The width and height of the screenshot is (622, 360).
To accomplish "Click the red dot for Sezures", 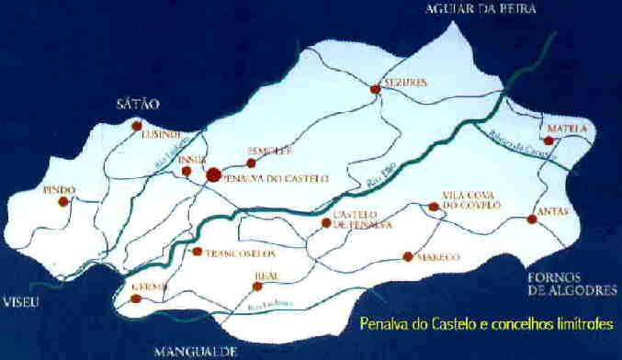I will pos(375,89).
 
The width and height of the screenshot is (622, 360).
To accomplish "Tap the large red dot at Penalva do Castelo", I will pos(212,174).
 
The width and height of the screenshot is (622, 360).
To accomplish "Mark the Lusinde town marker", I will pos(136,126).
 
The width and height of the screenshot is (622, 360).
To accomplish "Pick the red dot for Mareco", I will pos(407,256).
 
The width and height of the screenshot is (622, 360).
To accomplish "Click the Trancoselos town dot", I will pos(197,251).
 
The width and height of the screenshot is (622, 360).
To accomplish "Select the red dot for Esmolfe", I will pos(251,163).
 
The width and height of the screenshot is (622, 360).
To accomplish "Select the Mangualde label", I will pos(196,351).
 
